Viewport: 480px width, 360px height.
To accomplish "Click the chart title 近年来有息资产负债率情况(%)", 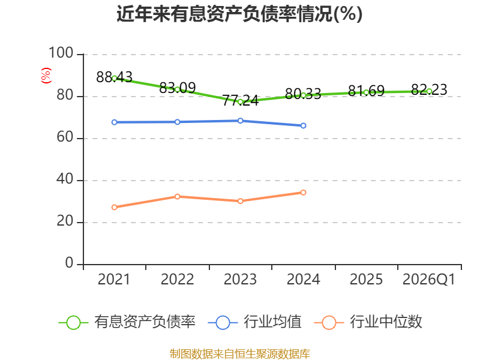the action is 239,14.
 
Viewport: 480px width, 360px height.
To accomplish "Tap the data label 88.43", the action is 114,77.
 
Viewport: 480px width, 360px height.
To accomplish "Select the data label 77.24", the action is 241,100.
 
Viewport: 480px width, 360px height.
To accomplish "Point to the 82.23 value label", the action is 429,89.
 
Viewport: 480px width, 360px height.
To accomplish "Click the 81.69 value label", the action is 366,91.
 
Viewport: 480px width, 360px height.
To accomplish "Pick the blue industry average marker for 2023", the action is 241,121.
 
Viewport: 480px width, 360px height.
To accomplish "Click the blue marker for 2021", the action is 115,122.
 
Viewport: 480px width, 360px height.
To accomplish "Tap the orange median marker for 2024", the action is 304,193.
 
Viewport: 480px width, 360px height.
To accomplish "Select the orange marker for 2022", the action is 178,197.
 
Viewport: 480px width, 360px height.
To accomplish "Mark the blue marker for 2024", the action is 304,125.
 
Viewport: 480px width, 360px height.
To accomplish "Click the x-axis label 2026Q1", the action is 429,280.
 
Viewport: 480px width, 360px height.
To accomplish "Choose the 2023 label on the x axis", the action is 241,280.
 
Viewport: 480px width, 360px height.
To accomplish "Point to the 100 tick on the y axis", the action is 61,53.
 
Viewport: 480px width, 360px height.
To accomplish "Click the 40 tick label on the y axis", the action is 65,179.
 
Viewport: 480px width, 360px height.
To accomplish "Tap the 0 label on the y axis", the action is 69,263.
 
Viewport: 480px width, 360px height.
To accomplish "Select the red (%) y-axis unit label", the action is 46,76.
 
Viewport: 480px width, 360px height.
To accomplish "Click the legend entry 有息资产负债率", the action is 127,322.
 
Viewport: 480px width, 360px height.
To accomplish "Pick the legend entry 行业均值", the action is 254,322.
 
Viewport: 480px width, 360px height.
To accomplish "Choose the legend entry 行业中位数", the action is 368,322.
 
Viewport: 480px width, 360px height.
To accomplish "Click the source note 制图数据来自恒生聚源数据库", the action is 240,354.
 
